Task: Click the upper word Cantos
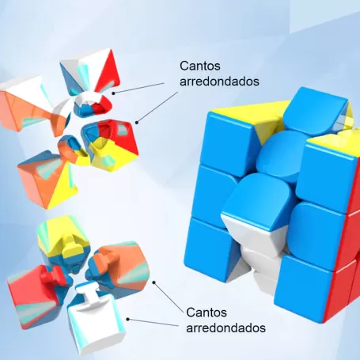200,66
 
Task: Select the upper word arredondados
219,81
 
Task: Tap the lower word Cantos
207,313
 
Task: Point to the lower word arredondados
225,328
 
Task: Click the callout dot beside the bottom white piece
127,319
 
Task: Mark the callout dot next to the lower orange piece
153,282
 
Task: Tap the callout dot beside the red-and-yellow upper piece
137,123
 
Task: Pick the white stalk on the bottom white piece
87,294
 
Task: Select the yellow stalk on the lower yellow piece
70,246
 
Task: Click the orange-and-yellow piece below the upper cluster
47,180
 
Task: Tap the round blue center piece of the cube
281,156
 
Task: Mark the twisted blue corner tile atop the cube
316,111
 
